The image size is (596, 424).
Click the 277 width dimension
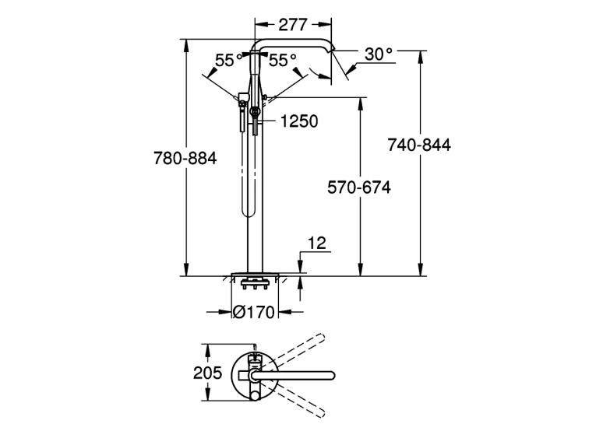tap(293, 25)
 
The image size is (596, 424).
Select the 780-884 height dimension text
tap(185, 158)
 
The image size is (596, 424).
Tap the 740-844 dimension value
tap(419, 145)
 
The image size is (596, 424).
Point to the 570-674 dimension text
tap(359, 187)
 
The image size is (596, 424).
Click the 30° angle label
tap(378, 54)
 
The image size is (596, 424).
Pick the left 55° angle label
tap(229, 60)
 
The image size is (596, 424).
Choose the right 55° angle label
tap(282, 60)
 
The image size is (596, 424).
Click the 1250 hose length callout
tap(299, 121)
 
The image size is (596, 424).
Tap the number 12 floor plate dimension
tap(317, 243)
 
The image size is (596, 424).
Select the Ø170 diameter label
tap(253, 312)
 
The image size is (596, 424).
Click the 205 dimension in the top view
tap(207, 373)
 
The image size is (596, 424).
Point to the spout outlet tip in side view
tap(332, 47)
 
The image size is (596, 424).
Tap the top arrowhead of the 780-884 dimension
tap(186, 46)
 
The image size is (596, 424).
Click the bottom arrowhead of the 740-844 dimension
tap(421, 269)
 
